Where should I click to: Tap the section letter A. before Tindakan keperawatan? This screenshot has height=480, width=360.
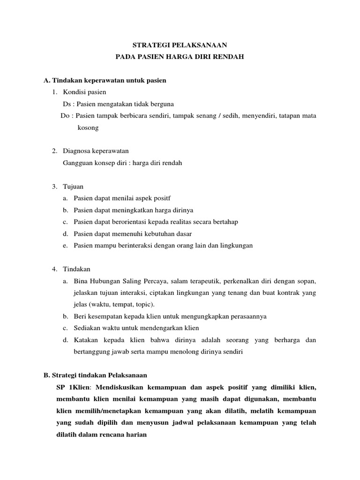pyautogui.click(x=46, y=80)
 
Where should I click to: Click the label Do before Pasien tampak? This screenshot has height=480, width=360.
pyautogui.click(x=66, y=115)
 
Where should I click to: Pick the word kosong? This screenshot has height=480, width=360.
pyautogui.click(x=88, y=127)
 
